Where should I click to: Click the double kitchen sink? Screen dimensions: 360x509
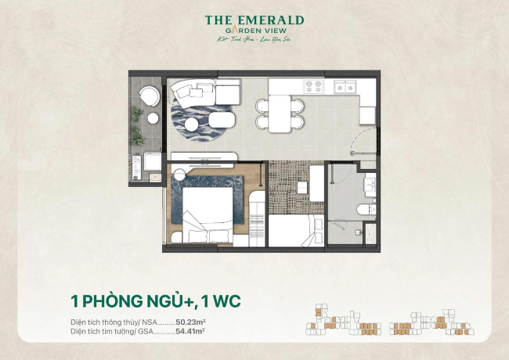(345, 86)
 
